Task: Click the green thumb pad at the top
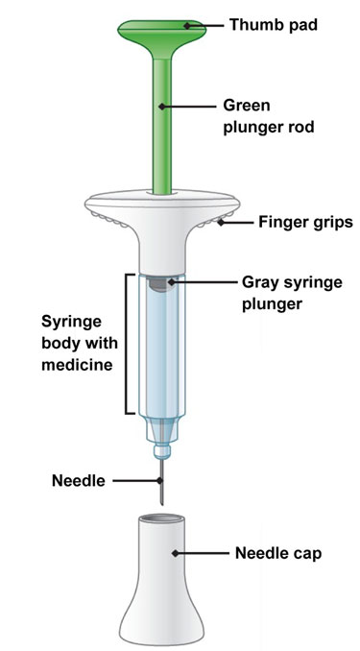[x=161, y=31]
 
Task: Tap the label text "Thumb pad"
[x=274, y=25]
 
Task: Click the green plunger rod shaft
[x=162, y=125]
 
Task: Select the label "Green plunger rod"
[x=269, y=116]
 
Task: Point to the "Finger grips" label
[x=305, y=222]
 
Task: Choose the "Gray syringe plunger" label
[x=292, y=293]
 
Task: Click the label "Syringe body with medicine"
[x=80, y=344]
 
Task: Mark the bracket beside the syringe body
[x=126, y=344]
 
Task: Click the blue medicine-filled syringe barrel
[x=162, y=349]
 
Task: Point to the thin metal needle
[x=161, y=482]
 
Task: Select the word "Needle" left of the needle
[x=79, y=481]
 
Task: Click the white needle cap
[x=162, y=581]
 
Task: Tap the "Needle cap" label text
[x=278, y=553]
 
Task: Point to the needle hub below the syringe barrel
[x=162, y=439]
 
